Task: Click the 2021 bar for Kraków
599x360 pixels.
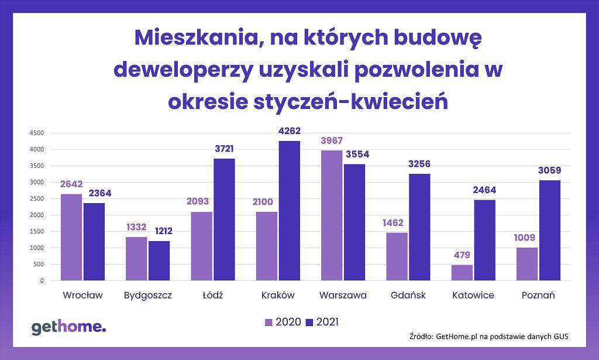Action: tap(290, 211)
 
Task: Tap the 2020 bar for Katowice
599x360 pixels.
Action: tap(462, 273)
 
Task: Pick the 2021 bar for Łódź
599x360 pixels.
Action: tap(224, 220)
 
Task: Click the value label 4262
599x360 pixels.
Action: tap(290, 132)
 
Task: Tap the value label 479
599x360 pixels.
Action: tap(462, 255)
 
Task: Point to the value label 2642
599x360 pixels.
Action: tap(71, 184)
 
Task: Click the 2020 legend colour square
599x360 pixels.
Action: tap(269, 322)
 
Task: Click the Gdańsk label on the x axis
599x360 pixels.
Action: tap(408, 296)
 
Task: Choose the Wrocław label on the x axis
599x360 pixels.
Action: tap(82, 296)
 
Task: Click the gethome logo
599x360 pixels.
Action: tap(68, 327)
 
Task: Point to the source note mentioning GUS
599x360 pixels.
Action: tap(489, 337)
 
